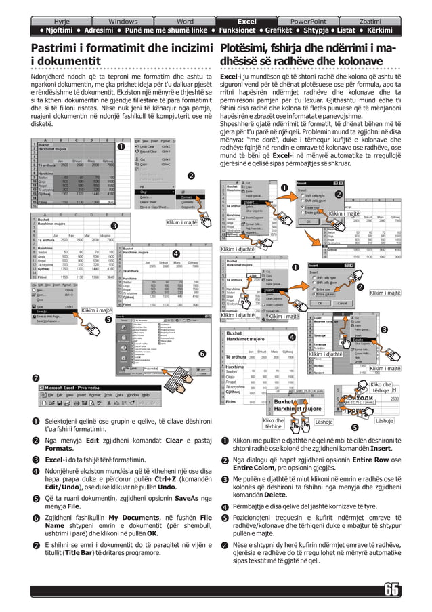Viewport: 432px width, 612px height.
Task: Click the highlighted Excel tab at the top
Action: click(246, 22)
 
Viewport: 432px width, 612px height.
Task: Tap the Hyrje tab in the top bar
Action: click(61, 22)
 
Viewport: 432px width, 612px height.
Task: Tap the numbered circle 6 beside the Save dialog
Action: click(201, 354)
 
